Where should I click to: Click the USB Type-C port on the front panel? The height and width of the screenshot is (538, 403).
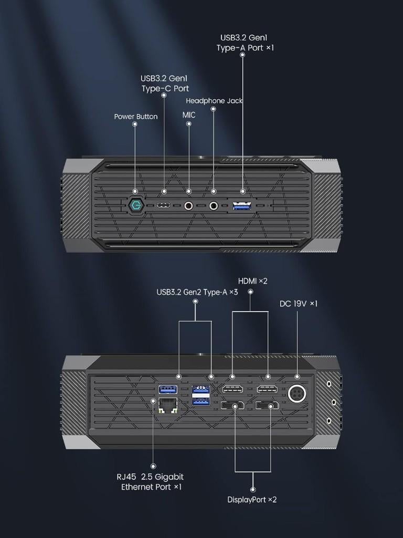164,205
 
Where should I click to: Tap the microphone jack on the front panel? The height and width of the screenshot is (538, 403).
188,205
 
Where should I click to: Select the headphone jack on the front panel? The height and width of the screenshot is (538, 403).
214,205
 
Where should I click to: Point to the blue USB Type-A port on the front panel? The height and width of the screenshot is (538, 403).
242,205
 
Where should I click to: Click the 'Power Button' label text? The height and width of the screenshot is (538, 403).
135,117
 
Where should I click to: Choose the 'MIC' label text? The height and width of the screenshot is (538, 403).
189,115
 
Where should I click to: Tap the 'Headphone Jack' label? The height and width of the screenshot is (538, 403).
214,101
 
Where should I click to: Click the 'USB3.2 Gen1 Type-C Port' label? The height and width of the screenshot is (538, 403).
164,84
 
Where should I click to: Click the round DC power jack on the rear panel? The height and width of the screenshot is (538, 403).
298,394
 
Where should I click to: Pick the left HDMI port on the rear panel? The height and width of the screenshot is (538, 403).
232,389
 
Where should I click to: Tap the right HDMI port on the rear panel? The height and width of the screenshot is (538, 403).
268,389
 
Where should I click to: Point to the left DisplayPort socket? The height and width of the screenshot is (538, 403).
232,406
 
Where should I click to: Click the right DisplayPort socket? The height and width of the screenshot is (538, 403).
268,406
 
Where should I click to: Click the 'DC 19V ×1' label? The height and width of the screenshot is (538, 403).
298,304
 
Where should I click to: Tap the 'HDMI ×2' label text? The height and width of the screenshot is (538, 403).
252,281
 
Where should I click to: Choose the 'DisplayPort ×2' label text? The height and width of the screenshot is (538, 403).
252,500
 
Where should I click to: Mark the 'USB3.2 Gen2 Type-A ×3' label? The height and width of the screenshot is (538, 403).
197,292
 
